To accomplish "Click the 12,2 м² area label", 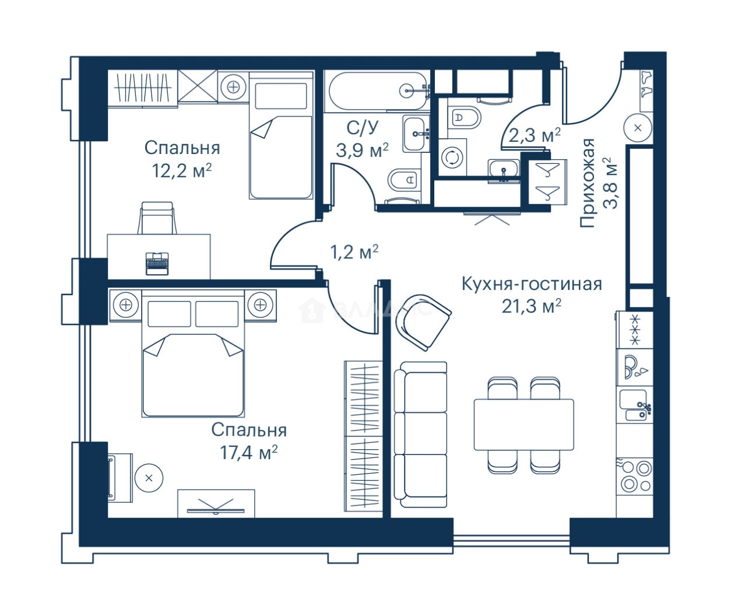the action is point(182,171).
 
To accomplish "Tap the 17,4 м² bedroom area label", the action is point(248,452).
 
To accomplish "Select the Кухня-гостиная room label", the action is point(532,284).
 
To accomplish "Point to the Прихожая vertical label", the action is point(587,183).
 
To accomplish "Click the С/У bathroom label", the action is point(363,128).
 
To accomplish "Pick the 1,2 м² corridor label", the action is point(354,252).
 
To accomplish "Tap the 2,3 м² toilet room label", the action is point(535,135).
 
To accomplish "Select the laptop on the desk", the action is point(157,264).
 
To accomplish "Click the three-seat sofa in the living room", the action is point(420,435).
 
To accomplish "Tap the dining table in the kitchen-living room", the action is point(523,424).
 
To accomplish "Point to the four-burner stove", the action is point(635,476).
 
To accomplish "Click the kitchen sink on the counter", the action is point(635,405).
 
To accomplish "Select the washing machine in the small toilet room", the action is point(452,157).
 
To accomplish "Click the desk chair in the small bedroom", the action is point(157,218).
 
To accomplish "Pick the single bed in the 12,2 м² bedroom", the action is point(281,135).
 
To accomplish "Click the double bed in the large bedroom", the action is point(193,353).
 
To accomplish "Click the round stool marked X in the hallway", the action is point(638,128).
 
